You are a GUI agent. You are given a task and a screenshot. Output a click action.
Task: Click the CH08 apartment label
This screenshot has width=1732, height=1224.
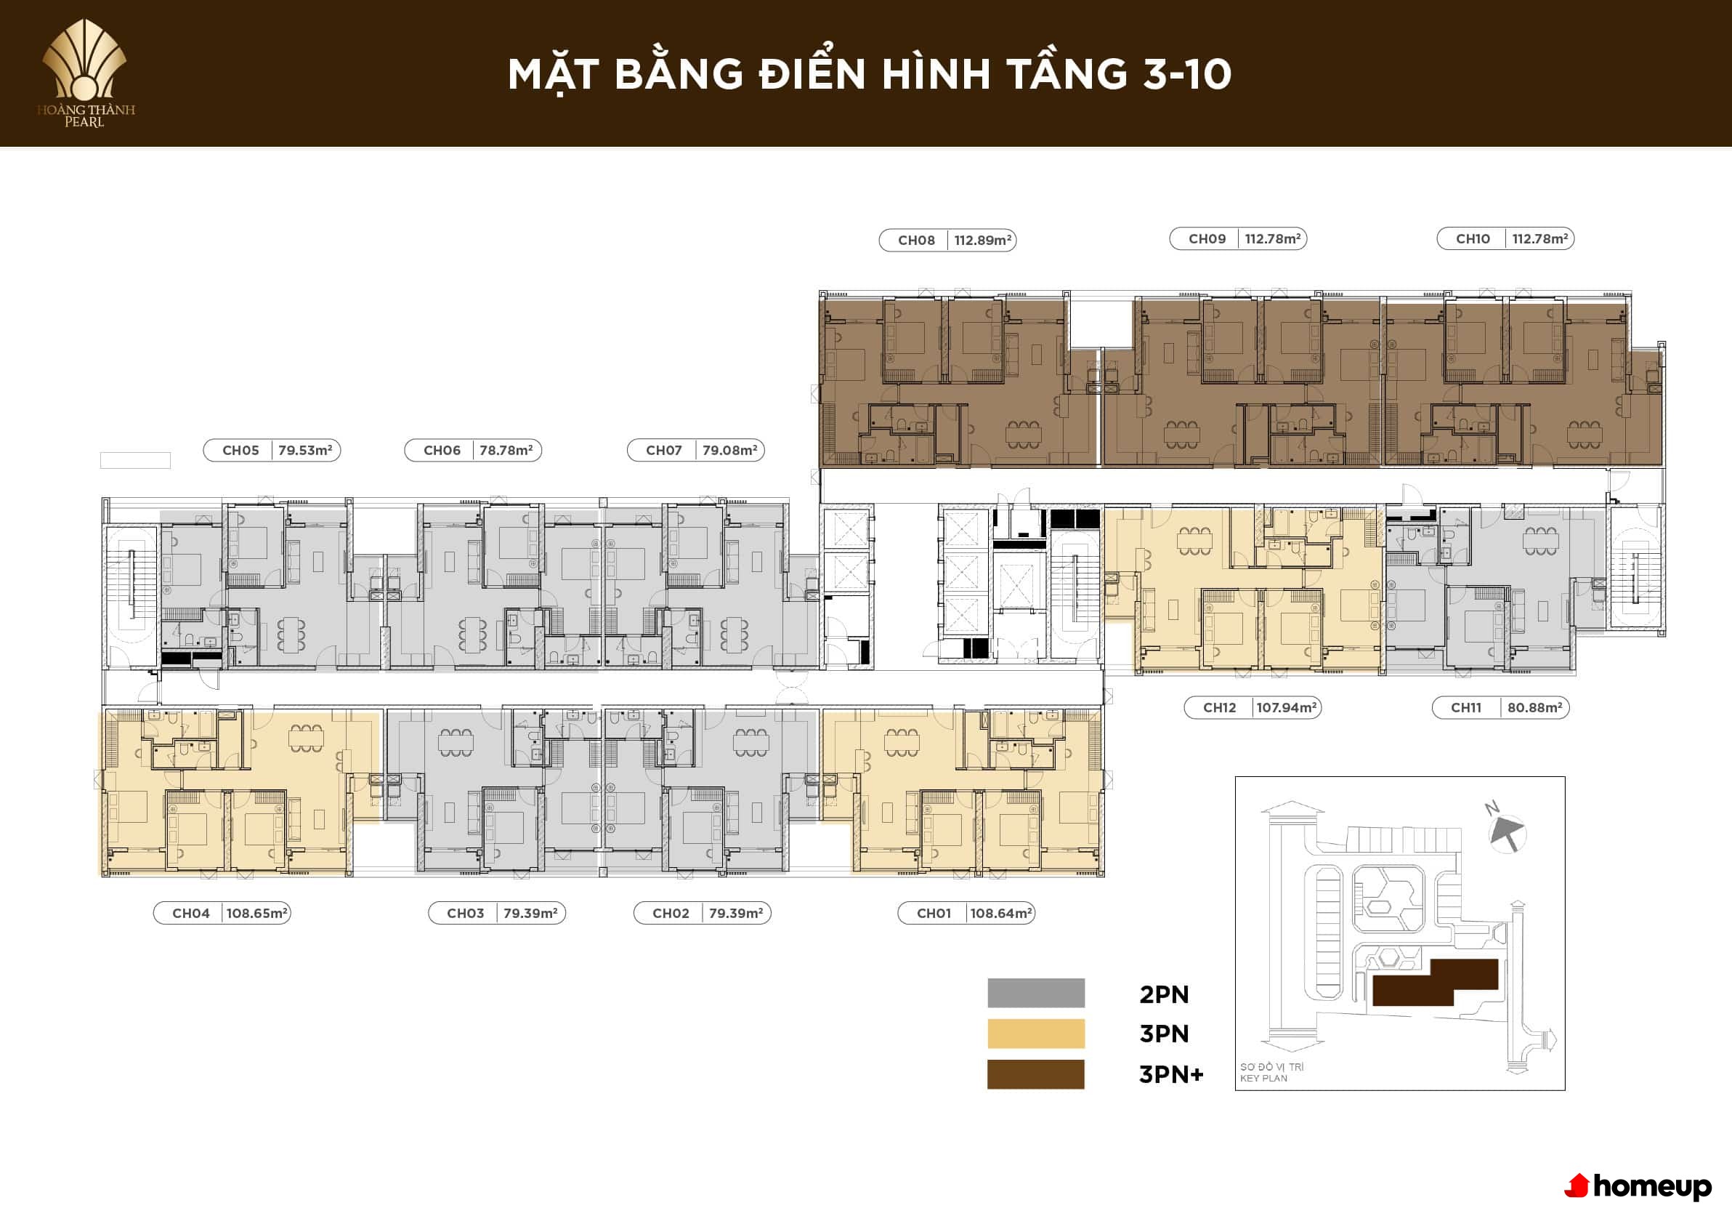tap(916, 240)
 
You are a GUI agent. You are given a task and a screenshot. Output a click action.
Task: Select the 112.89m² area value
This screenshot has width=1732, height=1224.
tap(983, 240)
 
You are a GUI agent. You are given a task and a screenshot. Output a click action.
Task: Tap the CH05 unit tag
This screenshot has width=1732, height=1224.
tap(240, 451)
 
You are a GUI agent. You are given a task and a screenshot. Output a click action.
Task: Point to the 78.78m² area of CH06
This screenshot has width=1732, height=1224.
tap(506, 451)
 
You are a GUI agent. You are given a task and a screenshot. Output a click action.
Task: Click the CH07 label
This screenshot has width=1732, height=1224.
tap(664, 451)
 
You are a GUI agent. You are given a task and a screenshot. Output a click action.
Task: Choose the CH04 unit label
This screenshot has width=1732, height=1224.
tap(191, 913)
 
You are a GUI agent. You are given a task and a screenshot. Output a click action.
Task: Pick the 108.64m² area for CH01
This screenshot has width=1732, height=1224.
tap(1000, 913)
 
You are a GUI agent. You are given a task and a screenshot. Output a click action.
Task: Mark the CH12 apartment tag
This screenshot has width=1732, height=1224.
tap(1220, 708)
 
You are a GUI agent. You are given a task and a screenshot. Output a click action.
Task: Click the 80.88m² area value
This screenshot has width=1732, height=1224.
tap(1535, 708)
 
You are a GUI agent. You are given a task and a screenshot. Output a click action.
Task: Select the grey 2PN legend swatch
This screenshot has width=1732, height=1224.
tap(1037, 993)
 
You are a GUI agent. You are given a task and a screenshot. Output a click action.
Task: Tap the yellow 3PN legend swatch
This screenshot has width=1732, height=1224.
tap(1037, 1034)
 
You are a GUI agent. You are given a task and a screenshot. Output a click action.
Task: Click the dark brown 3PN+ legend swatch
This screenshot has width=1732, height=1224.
tap(1036, 1074)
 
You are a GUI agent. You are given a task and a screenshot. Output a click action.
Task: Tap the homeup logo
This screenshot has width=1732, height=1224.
tap(1638, 1187)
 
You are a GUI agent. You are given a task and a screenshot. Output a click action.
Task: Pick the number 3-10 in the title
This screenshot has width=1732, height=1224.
tap(1187, 74)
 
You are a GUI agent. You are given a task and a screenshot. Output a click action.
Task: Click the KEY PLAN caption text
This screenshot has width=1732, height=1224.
tap(1263, 1079)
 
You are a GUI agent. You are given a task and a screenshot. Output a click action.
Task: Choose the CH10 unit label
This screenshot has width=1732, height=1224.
tap(1473, 238)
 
